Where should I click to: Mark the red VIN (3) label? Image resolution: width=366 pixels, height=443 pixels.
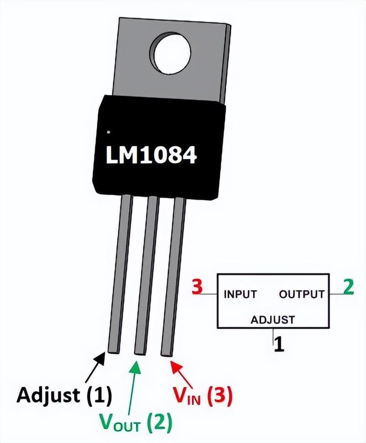point(201,396)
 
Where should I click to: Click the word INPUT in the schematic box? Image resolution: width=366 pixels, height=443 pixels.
point(240,294)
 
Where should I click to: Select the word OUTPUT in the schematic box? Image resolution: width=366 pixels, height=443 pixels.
point(301,294)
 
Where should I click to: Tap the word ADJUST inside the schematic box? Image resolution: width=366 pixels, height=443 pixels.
point(272,320)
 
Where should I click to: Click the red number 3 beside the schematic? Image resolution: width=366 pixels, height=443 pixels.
point(197,287)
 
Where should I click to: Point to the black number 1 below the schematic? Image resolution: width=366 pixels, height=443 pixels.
point(278,345)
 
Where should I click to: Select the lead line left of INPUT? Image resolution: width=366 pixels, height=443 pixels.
point(211,294)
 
